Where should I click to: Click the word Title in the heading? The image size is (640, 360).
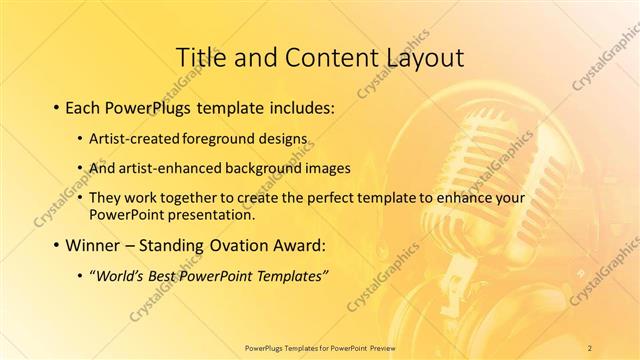pos(198,56)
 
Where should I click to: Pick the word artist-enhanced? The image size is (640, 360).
pos(157,168)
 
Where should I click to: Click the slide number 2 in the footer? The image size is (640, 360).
pos(590,347)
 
